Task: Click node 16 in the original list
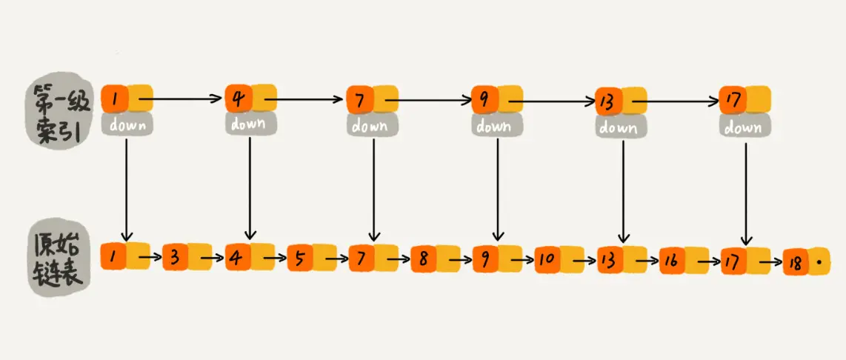[x=671, y=261]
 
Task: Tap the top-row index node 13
[x=609, y=101]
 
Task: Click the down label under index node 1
[x=127, y=124]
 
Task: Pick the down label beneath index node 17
[x=745, y=127]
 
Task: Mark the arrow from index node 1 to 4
[x=182, y=97]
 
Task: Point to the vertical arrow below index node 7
[x=373, y=189]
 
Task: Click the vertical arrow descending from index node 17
[x=745, y=191]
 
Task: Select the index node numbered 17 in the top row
[x=732, y=100]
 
